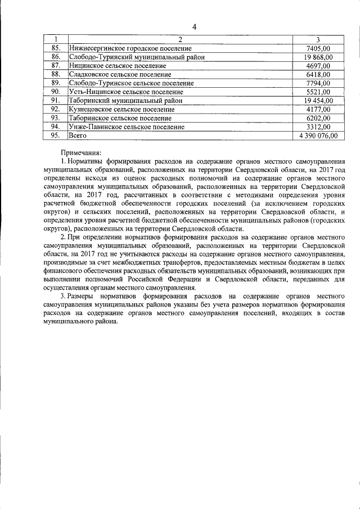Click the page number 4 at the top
pos(194,27)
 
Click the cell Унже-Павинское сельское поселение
pos(127,127)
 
